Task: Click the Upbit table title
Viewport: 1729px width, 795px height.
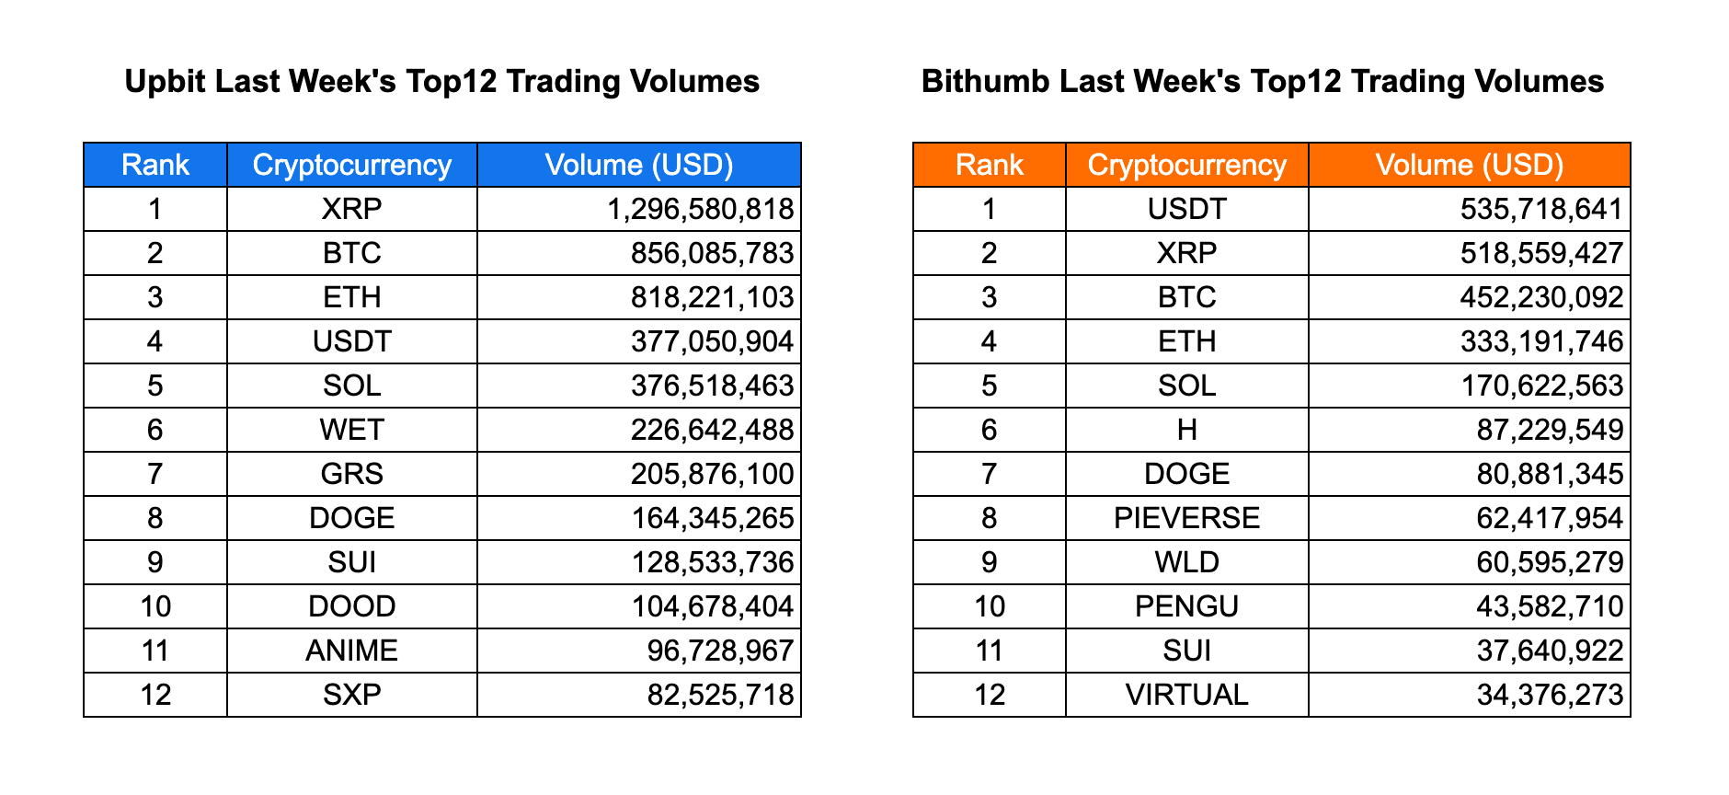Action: tap(441, 82)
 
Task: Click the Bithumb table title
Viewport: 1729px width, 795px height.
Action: tap(1262, 82)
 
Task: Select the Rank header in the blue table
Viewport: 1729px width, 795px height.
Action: tap(155, 165)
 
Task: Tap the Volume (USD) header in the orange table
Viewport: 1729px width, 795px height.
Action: tap(1469, 165)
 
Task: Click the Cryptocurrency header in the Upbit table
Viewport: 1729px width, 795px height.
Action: tap(351, 165)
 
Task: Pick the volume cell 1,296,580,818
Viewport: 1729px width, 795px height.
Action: tap(700, 209)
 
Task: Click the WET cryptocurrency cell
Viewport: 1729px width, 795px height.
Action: tap(351, 430)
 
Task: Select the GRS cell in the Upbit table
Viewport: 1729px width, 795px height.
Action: tap(351, 474)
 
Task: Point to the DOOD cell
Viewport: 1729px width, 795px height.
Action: tap(351, 606)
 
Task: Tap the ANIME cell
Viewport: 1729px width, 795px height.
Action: tap(351, 651)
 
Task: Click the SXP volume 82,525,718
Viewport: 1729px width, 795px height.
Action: tap(720, 695)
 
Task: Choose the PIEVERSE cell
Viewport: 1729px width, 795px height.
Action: tap(1186, 518)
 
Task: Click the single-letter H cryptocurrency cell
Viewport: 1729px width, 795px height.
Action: tap(1186, 430)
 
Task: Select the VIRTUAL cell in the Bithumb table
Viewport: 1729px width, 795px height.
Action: tap(1186, 695)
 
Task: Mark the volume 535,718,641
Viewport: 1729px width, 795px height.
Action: tap(1541, 209)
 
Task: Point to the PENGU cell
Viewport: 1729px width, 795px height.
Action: tap(1186, 606)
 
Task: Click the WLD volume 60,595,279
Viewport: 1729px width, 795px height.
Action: tap(1550, 562)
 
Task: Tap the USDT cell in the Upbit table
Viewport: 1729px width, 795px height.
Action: tap(351, 341)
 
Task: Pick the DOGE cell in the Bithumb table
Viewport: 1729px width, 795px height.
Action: tap(1186, 474)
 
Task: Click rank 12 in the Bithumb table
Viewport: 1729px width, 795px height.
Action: tap(989, 695)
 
